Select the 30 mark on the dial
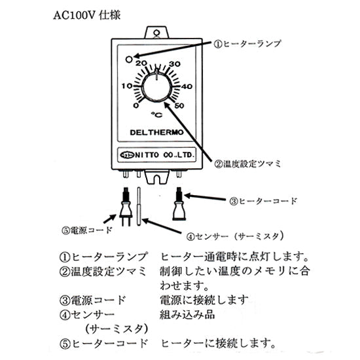pyautogui.click(x=175, y=64)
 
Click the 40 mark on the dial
pyautogui.click(x=186, y=86)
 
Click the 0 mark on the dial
pyautogui.click(x=135, y=105)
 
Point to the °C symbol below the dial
pyautogui.click(x=156, y=115)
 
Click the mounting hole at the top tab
pyautogui.click(x=156, y=30)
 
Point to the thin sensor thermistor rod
pyautogui.click(x=140, y=206)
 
